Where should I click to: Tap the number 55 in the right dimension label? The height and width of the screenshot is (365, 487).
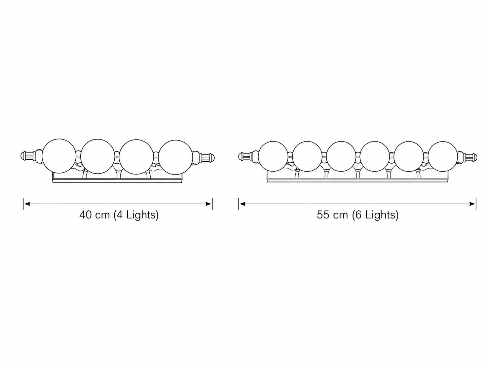click(323, 215)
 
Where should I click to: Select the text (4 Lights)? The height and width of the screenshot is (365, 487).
click(136, 215)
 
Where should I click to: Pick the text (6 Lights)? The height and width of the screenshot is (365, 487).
click(375, 215)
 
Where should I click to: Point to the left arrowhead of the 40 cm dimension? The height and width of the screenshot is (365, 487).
click(27, 204)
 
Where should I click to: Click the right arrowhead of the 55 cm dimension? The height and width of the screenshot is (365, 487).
click(472, 204)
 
